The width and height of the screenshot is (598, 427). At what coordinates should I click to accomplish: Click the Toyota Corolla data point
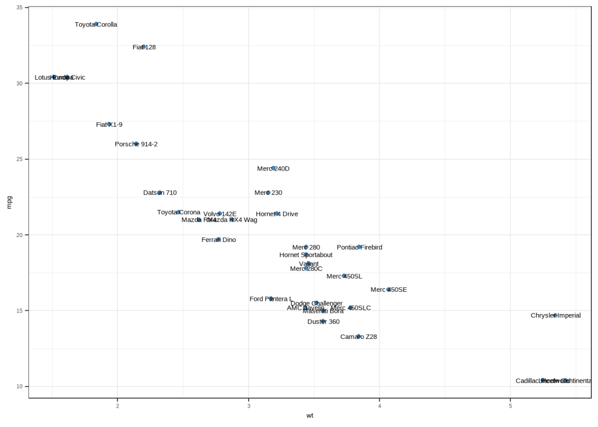point(96,24)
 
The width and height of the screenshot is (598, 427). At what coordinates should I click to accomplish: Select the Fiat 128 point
point(143,47)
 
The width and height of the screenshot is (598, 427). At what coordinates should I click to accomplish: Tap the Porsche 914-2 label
point(136,144)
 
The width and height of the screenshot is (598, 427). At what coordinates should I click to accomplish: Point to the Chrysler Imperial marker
point(555,315)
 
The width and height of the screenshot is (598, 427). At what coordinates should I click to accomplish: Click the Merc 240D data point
point(273,168)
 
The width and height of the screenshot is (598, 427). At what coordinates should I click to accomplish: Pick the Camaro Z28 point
point(359,336)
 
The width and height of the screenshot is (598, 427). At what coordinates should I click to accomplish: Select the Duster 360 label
point(323,321)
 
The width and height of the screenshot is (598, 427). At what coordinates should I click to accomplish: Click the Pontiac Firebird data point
point(359,247)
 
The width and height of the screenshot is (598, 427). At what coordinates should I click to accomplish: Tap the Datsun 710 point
point(159,193)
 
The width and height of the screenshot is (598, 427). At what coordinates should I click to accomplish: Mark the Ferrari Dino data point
point(219,239)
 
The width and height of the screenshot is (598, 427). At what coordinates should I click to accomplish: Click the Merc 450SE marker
point(389,289)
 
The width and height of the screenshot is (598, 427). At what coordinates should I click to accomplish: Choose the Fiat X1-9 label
point(109,125)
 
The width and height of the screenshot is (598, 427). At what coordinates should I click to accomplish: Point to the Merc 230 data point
point(268,193)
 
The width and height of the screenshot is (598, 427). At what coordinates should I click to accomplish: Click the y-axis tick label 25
point(19,159)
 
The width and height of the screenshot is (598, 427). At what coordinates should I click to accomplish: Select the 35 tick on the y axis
point(19,8)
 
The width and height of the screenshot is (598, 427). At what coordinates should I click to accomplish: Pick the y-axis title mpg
point(9,203)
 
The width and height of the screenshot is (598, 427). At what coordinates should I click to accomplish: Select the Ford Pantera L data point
point(271,299)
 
